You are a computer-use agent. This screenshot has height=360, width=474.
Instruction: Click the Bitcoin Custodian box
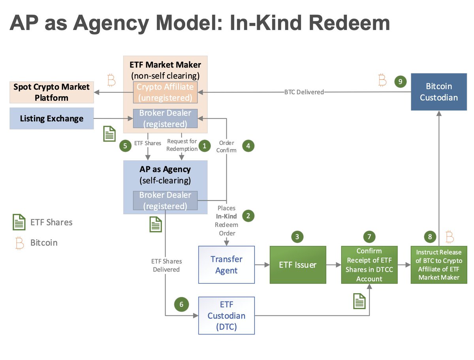point(439,92)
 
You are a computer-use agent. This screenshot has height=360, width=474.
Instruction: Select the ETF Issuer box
point(298,265)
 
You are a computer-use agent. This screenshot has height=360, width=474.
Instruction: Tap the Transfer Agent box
point(226,265)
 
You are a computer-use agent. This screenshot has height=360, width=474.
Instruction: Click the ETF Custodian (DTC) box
point(226,316)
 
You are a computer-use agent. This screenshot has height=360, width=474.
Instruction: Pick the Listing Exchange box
point(51,118)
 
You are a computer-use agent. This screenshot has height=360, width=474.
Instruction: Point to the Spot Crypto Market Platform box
point(51,92)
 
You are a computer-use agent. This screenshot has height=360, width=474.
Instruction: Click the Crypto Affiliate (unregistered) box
point(165,92)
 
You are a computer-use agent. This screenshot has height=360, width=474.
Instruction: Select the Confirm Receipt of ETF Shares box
point(369,265)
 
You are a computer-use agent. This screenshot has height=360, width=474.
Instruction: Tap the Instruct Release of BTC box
point(439,265)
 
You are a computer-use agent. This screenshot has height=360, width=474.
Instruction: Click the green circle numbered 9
point(400,82)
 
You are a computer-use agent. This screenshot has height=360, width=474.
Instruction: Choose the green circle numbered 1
point(204,146)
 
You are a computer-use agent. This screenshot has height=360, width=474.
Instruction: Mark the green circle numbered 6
point(181,305)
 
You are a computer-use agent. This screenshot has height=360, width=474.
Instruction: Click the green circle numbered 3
point(297,237)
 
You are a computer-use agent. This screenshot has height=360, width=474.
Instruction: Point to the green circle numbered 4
point(248,146)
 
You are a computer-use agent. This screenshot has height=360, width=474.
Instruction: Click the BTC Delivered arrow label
point(304,92)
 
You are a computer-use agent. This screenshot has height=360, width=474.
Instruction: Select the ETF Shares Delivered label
point(166,265)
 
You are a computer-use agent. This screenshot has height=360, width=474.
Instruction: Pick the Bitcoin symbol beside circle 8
point(450,237)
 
